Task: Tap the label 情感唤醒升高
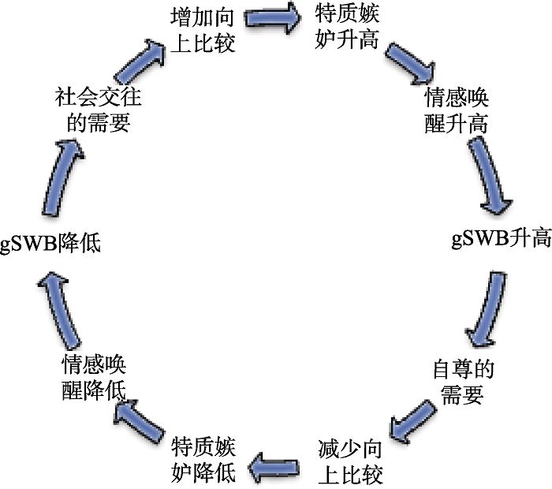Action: click(457, 111)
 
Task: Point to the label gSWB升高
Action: click(501, 238)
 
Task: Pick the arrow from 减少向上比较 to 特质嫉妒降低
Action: click(277, 468)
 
